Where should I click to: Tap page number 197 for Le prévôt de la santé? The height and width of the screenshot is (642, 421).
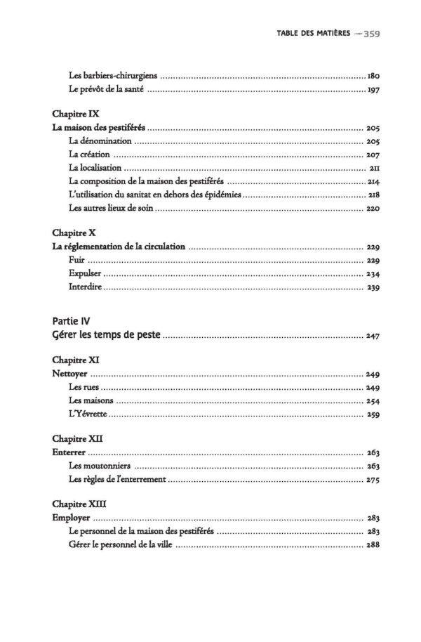(373, 91)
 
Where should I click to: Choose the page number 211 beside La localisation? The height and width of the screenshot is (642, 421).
(374, 169)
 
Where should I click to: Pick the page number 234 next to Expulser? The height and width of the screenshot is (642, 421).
(373, 274)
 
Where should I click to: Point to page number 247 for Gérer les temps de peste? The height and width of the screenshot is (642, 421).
(373, 336)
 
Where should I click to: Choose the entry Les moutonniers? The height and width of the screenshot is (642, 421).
(100, 466)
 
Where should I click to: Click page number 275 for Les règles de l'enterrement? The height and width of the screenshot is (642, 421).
(373, 480)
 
